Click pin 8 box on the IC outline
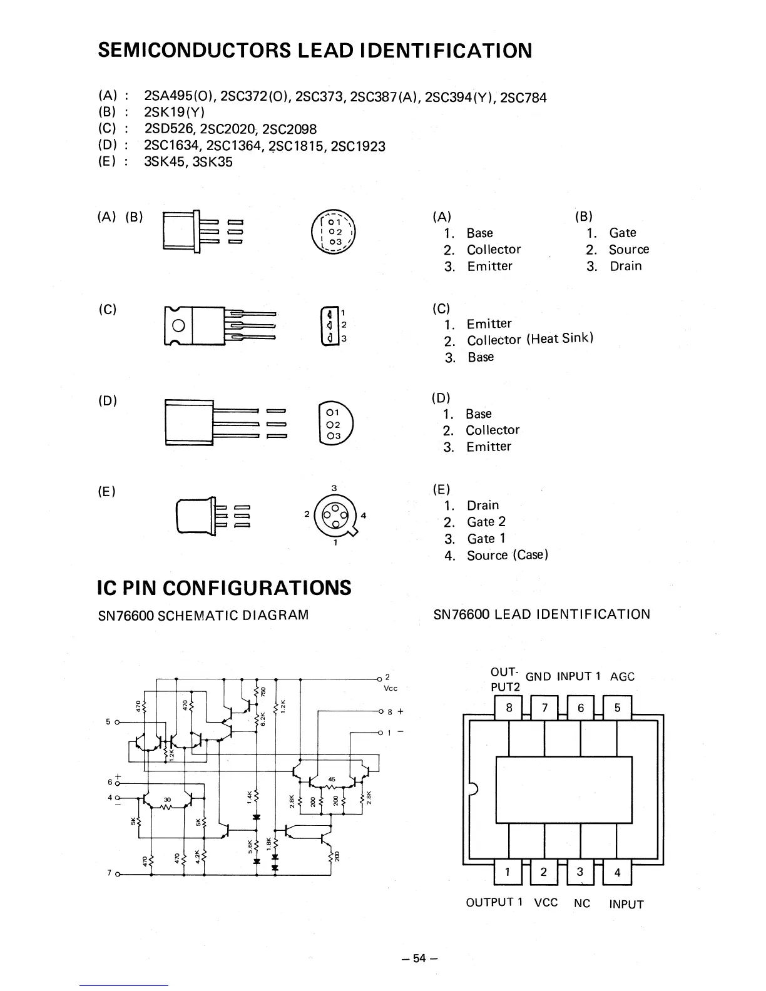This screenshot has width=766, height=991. click(509, 708)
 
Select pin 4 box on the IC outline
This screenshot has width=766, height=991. click(617, 873)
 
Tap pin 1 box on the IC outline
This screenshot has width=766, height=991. click(508, 873)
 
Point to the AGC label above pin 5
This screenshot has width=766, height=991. click(622, 676)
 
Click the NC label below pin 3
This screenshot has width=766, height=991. click(582, 903)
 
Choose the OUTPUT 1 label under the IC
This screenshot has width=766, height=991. click(494, 903)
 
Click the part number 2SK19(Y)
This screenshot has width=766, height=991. click(174, 113)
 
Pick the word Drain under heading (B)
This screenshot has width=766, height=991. click(626, 266)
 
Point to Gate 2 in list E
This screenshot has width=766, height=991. click(486, 522)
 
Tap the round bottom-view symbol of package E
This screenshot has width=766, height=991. click(335, 515)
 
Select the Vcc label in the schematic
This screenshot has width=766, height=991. click(391, 688)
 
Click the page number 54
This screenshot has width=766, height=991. click(419, 958)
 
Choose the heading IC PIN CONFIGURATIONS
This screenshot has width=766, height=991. click(225, 588)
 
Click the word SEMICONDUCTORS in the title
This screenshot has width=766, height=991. click(194, 50)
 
